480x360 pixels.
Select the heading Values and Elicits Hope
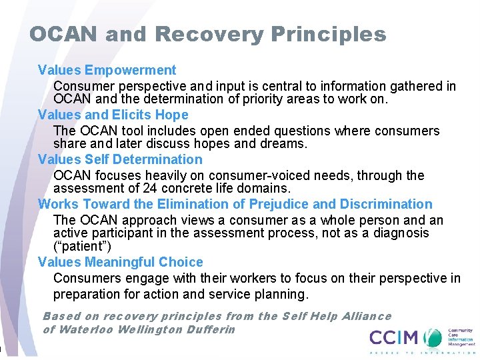pos(113,115)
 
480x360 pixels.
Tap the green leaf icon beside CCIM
pos(434,337)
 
